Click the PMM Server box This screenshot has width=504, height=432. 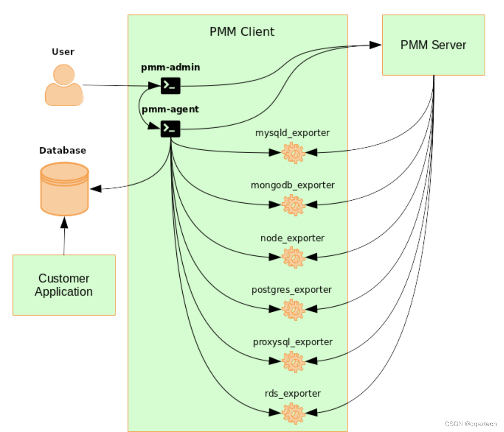[433, 45]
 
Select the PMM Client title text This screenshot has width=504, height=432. [242, 32]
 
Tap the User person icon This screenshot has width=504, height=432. [63, 86]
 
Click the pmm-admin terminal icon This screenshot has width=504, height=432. [170, 86]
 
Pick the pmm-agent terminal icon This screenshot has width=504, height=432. [170, 129]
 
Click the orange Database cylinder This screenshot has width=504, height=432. [64, 189]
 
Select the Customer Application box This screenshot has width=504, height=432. [64, 285]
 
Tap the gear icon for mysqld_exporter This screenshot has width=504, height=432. [294, 153]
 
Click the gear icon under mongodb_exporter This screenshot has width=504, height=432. [294, 205]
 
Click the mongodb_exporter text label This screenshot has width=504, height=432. [293, 185]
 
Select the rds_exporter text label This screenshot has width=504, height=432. [293, 393]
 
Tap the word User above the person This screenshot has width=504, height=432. [63, 52]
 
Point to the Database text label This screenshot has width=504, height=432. [62, 150]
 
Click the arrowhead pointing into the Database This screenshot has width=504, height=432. [95, 189]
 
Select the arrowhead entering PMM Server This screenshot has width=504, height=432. [376, 45]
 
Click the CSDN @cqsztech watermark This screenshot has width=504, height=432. [471, 424]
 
